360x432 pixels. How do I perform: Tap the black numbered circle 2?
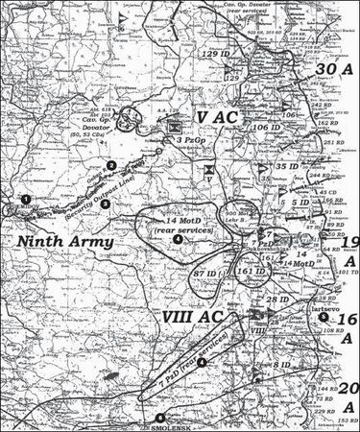112,166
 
